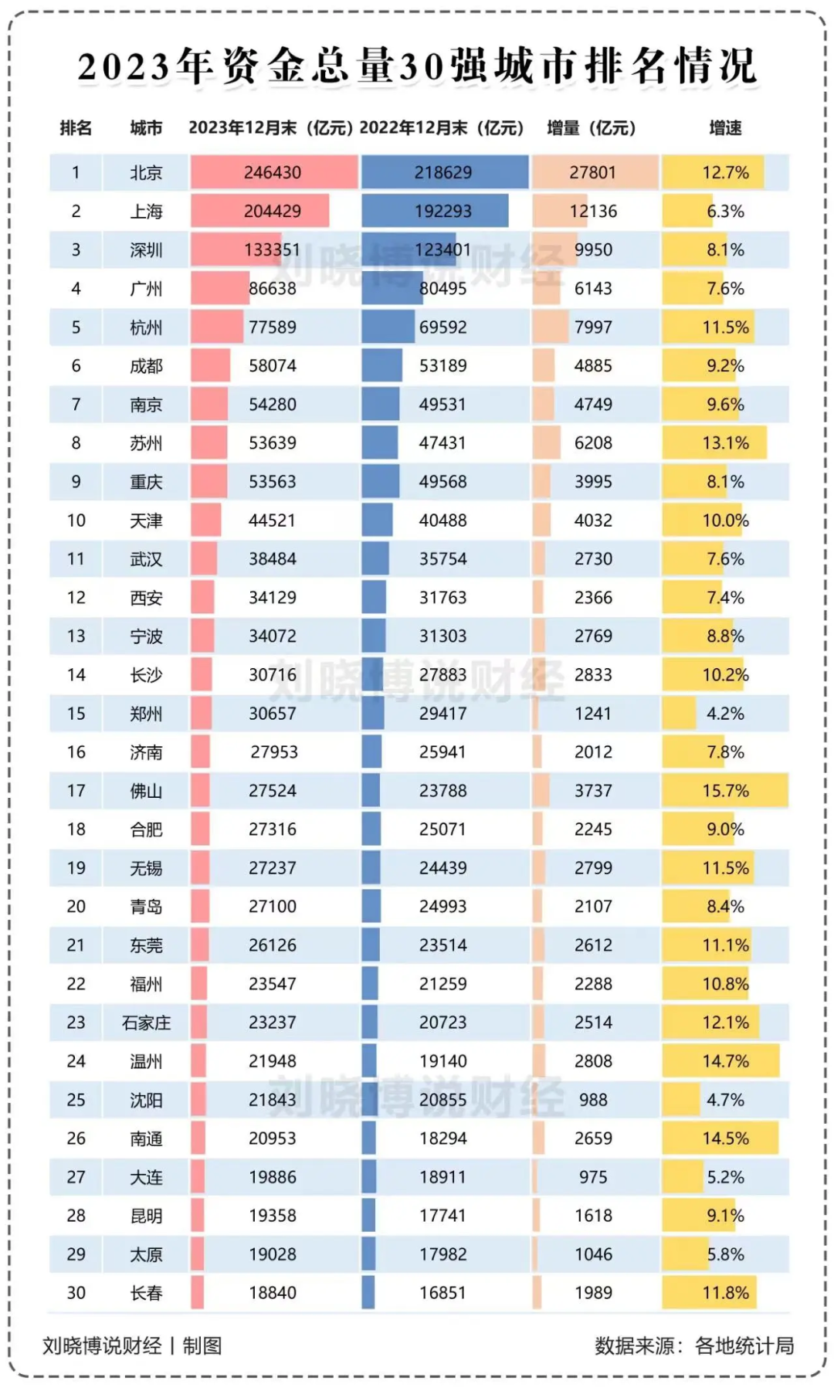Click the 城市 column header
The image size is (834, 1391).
146,128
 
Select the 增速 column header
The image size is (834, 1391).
725,128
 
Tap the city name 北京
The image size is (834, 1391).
146,173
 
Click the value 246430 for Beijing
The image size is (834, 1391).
273,173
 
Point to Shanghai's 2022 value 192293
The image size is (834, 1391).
442,212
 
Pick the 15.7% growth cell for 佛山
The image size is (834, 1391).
725,791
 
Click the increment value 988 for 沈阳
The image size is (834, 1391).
593,1100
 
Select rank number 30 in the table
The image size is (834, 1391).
76,1293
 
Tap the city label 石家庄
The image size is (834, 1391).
146,1023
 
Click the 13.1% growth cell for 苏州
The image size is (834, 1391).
725,443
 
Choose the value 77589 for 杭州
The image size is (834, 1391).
273,327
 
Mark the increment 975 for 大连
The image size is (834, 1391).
593,1177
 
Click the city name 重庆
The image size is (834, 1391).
146,482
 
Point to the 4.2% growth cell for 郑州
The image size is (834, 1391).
725,714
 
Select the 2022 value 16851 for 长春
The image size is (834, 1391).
442,1293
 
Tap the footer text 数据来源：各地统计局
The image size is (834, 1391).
693,1346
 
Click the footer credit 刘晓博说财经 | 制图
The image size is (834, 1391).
132,1346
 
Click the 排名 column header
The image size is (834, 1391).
76,128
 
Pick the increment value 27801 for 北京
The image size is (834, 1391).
593,173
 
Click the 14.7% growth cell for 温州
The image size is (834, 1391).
725,1061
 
